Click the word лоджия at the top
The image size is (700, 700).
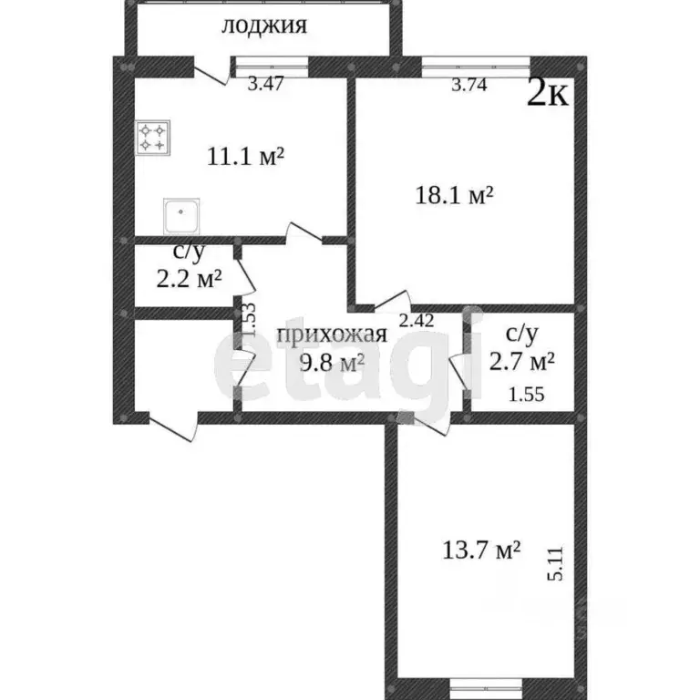click(x=263, y=26)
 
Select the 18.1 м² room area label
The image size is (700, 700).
click(x=454, y=195)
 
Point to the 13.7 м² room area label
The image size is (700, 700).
click(x=481, y=550)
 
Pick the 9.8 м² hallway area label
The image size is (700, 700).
click(x=333, y=363)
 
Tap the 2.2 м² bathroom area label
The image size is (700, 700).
click(x=190, y=279)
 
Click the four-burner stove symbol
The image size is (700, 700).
click(x=152, y=138)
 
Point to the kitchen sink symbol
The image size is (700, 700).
click(x=181, y=216)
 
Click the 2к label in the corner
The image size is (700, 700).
click(x=549, y=93)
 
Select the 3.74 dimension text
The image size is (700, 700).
click(x=470, y=86)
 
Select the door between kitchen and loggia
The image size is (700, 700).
click(x=211, y=71)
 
